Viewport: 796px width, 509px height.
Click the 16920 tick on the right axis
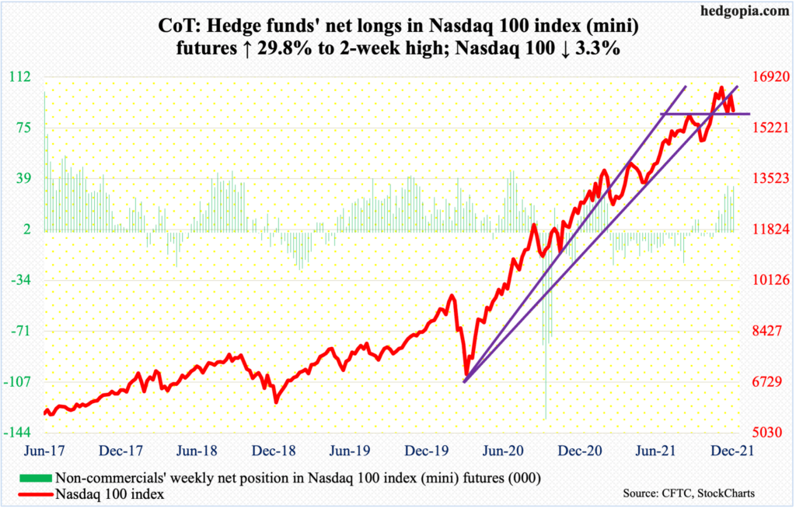coord(765,76)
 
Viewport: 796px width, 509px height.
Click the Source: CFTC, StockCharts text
coord(689,493)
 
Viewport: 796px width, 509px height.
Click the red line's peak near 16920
coord(721,87)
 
